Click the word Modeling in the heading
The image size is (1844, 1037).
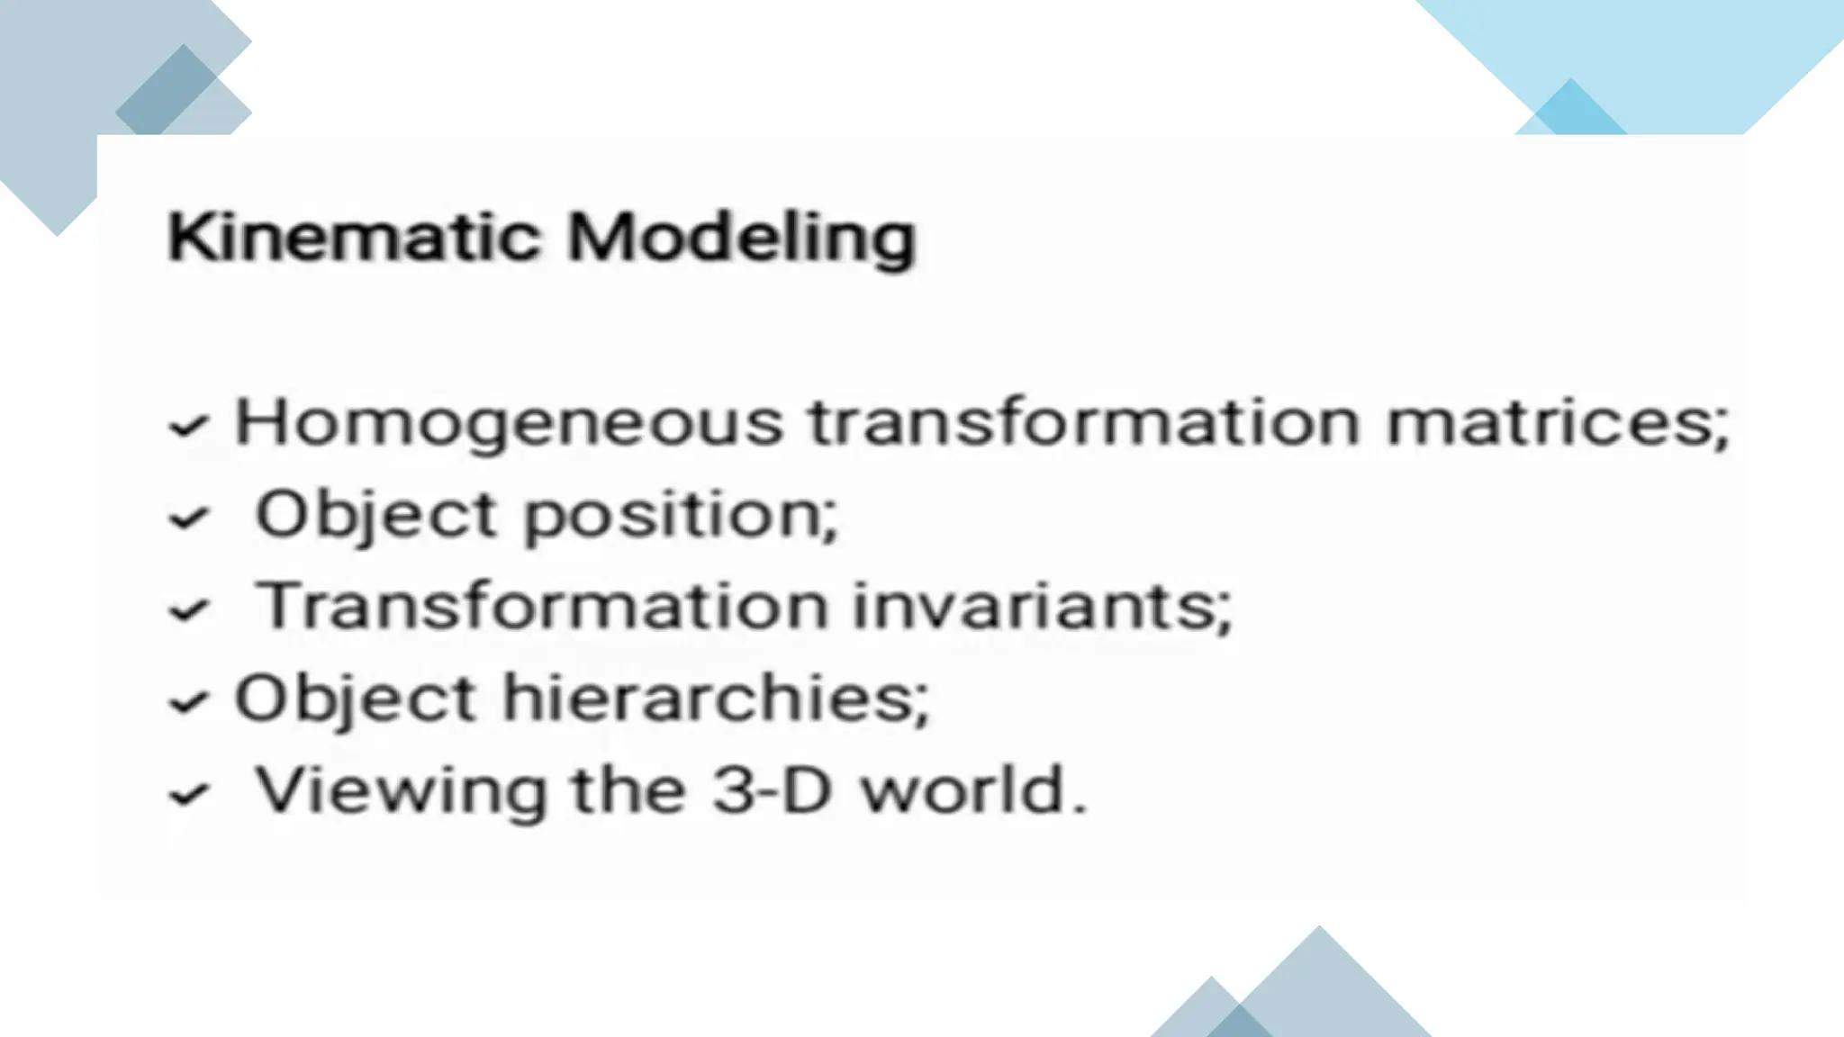point(741,239)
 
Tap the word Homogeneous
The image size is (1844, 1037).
point(509,423)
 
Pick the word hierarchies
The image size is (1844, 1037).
point(715,699)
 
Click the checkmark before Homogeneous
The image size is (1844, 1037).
point(189,427)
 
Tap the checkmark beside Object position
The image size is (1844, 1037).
point(189,519)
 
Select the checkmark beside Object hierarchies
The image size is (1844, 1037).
point(189,703)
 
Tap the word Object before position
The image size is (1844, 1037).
point(375,517)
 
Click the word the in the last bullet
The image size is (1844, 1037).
point(628,790)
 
